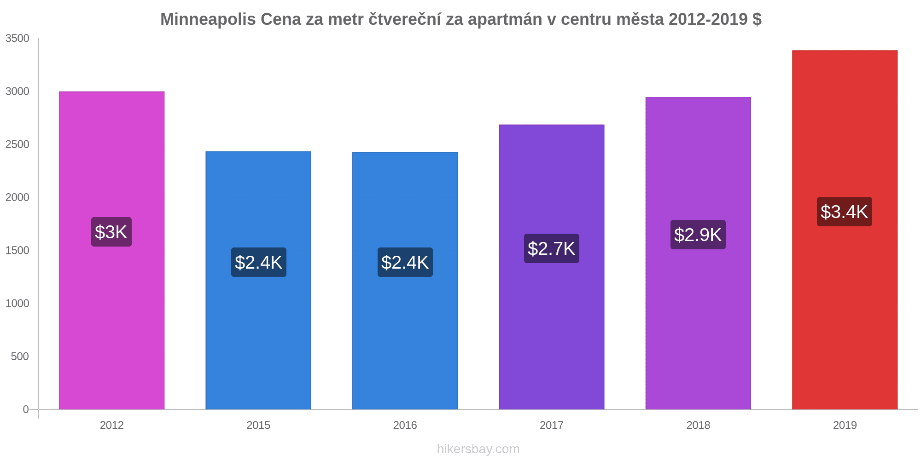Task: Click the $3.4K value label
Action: pos(844,212)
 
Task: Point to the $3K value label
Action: pos(111,232)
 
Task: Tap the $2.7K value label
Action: pos(551,249)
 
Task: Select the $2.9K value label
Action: pos(698,235)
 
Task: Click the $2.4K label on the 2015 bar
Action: pos(258,263)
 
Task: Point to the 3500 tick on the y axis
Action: pos(17,39)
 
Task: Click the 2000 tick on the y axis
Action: pos(17,197)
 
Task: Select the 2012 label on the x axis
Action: pos(111,425)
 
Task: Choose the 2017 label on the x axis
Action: pos(551,425)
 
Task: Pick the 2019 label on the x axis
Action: pos(845,425)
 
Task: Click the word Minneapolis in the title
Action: pos(208,19)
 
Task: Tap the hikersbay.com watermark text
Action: pos(478,449)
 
